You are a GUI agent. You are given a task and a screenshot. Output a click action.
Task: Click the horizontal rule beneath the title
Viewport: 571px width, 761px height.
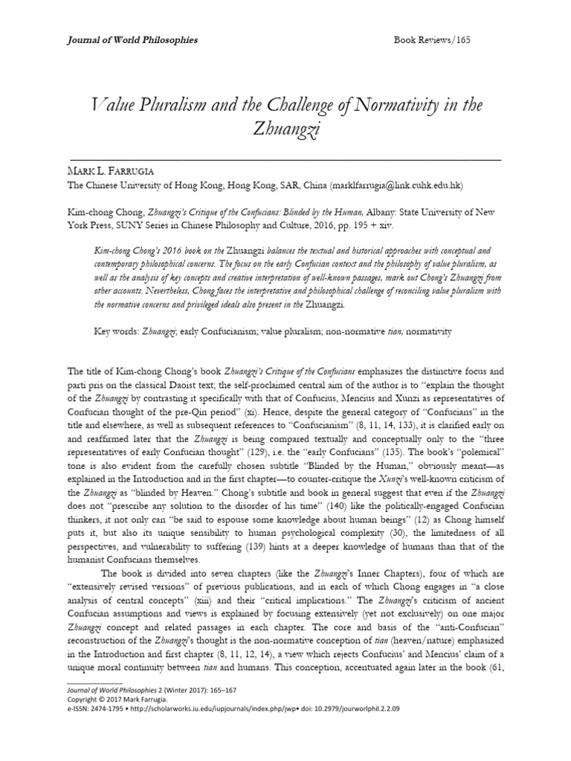tap(285, 159)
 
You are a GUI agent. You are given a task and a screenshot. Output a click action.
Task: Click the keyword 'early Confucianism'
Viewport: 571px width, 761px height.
tap(211, 328)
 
